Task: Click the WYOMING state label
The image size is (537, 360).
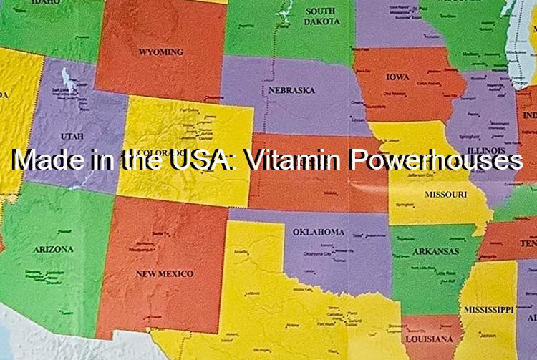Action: click(161, 52)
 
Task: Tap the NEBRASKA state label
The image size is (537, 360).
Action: click(291, 91)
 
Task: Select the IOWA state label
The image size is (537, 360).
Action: click(397, 77)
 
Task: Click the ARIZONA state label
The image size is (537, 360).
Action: click(53, 249)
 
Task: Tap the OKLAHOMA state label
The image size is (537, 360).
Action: click(319, 232)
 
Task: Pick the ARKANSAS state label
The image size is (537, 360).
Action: click(435, 251)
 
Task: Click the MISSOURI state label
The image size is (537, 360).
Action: click(445, 195)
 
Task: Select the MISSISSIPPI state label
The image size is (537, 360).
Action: click(488, 310)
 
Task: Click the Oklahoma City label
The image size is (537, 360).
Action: click(318, 253)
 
